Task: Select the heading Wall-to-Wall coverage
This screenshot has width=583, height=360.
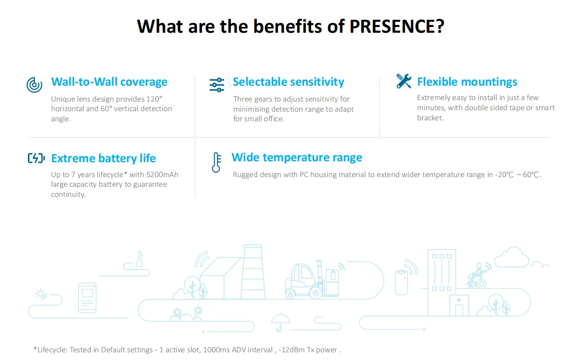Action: tap(109, 82)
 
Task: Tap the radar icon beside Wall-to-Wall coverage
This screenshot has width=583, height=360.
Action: tap(34, 85)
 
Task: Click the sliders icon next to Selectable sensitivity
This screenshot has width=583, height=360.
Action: tap(217, 85)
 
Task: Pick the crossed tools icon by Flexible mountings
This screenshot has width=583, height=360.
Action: tap(404, 81)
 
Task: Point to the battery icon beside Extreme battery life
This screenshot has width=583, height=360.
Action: tap(36, 158)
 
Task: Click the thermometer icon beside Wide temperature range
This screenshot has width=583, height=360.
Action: tap(216, 162)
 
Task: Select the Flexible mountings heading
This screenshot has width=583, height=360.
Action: tap(467, 82)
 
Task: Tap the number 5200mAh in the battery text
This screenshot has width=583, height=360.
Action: tap(162, 174)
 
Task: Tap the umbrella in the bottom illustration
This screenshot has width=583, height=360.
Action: tap(280, 322)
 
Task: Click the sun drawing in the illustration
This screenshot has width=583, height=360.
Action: tap(41, 294)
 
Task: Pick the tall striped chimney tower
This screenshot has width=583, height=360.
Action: tap(253, 272)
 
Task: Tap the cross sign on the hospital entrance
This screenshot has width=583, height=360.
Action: tap(459, 300)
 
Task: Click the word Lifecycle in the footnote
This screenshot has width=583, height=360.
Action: tap(52, 350)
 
